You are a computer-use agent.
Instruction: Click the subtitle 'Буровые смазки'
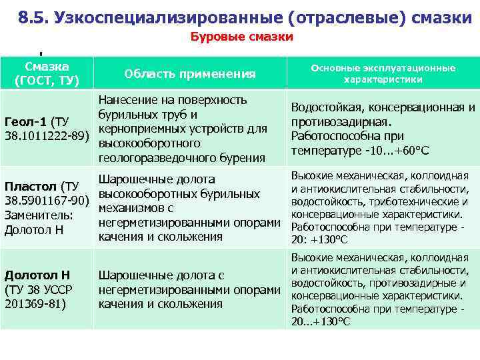click(242, 37)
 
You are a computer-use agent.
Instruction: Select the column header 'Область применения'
click(190, 74)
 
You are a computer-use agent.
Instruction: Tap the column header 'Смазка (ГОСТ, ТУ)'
click(47, 73)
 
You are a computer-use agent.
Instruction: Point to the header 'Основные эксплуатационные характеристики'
click(382, 73)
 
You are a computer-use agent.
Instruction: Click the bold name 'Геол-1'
click(26, 122)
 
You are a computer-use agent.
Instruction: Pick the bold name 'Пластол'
click(31, 186)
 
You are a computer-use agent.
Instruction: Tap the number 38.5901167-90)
click(47, 201)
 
